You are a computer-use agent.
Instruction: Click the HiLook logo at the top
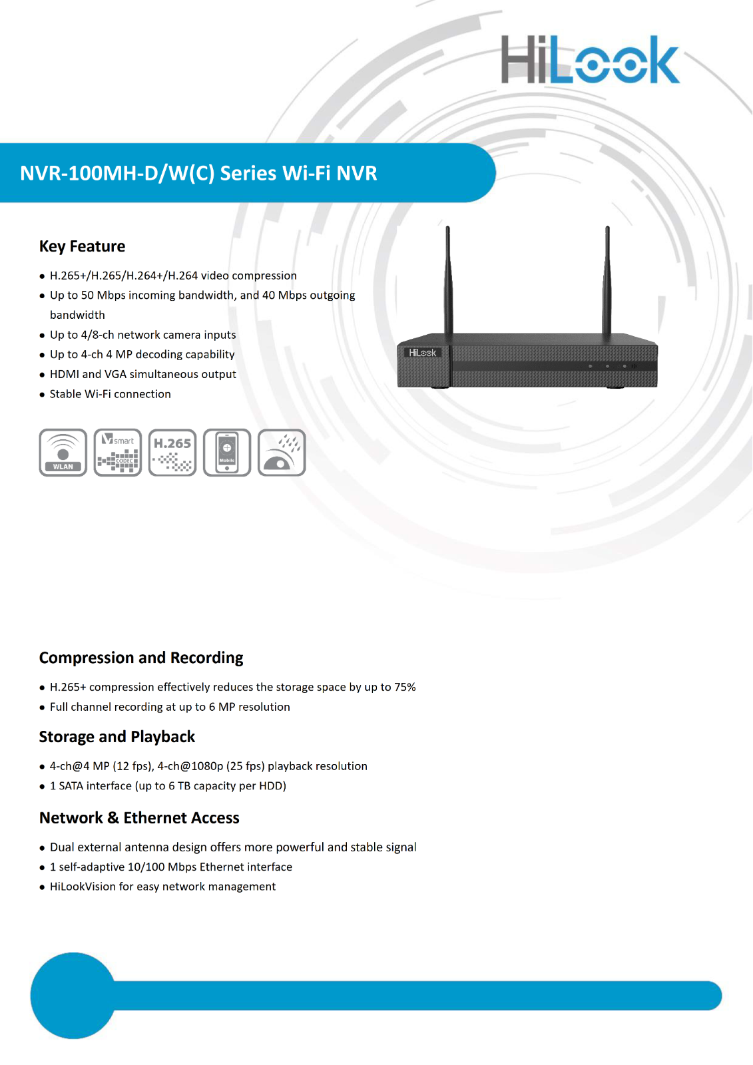coord(590,60)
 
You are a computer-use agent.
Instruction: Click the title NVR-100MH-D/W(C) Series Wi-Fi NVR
coord(198,173)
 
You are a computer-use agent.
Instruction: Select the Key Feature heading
coord(82,246)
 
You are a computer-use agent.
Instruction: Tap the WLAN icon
coord(63,453)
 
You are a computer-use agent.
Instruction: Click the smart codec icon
coord(118,453)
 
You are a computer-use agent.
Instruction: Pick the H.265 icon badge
coord(172,453)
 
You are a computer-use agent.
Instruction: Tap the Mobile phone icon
coord(227,453)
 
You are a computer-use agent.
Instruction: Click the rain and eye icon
coord(282,453)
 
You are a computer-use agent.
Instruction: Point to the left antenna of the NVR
coord(448,280)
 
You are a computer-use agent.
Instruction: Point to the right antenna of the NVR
coord(607,280)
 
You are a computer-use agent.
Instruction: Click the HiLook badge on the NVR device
coord(423,353)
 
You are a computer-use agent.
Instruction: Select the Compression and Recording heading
coord(141,658)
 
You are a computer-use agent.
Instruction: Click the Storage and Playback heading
coord(117,737)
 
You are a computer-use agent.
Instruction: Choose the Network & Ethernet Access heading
coord(139,818)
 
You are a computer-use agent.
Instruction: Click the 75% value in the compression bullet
coord(405,687)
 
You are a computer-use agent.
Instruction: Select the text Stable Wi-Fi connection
coord(110,394)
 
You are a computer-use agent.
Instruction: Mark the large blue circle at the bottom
coord(73,995)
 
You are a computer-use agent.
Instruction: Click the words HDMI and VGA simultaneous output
coord(142,374)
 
